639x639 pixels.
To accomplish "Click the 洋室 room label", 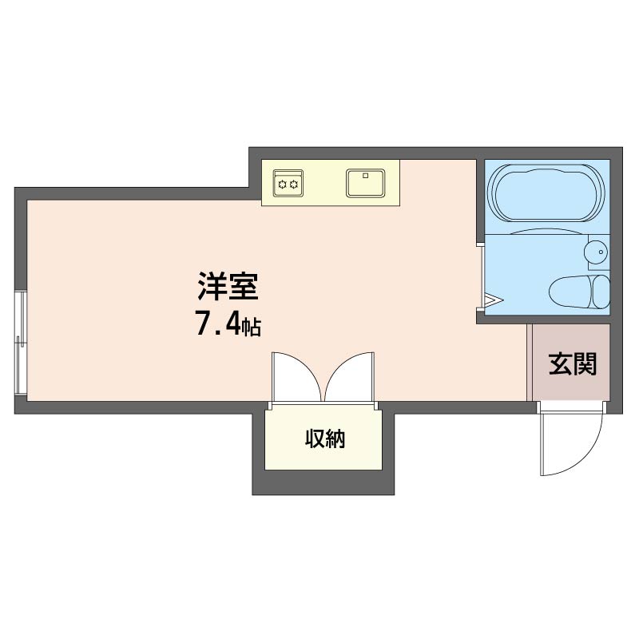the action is (228, 286).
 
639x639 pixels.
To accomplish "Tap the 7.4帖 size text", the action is (228, 323).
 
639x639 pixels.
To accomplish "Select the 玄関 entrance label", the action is (573, 364).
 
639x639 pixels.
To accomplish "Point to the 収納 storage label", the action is (325, 439).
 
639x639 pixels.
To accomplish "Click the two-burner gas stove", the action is (288, 184).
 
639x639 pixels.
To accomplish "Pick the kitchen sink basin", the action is (366, 184).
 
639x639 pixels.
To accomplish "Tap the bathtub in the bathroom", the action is (547, 193).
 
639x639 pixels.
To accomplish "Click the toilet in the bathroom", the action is (579, 292).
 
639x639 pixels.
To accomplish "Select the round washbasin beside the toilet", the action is (596, 252).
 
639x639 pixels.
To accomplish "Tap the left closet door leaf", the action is (297, 377).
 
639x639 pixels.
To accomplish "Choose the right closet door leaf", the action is (350, 377).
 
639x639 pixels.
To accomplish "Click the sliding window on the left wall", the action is (21, 343).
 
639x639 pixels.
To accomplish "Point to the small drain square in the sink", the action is (366, 176).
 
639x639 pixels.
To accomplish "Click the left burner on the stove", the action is (282, 185).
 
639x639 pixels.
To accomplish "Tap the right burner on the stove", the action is (294, 185).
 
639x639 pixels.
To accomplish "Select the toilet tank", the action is (601, 292).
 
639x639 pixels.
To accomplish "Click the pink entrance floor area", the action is (571, 363).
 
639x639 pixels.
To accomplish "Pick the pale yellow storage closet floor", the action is (323, 439).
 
